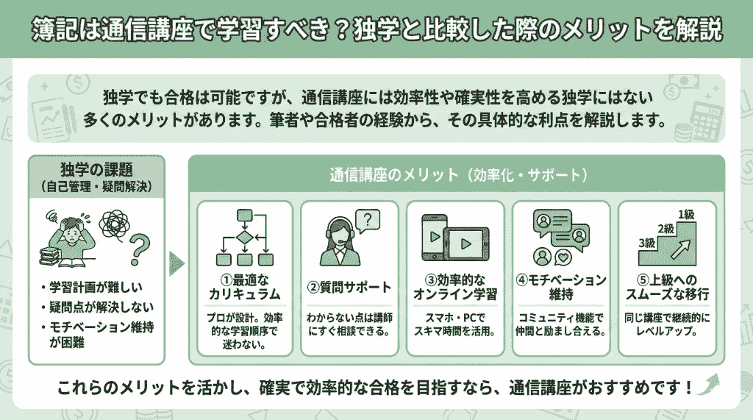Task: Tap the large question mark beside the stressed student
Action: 140,247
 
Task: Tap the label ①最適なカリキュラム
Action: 244,288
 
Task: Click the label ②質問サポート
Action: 349,288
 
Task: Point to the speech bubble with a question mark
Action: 369,219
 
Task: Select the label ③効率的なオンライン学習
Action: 456,288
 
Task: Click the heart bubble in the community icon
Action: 565,257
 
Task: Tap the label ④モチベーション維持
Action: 561,288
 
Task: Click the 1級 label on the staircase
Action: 685,215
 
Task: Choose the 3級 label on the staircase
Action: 646,243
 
